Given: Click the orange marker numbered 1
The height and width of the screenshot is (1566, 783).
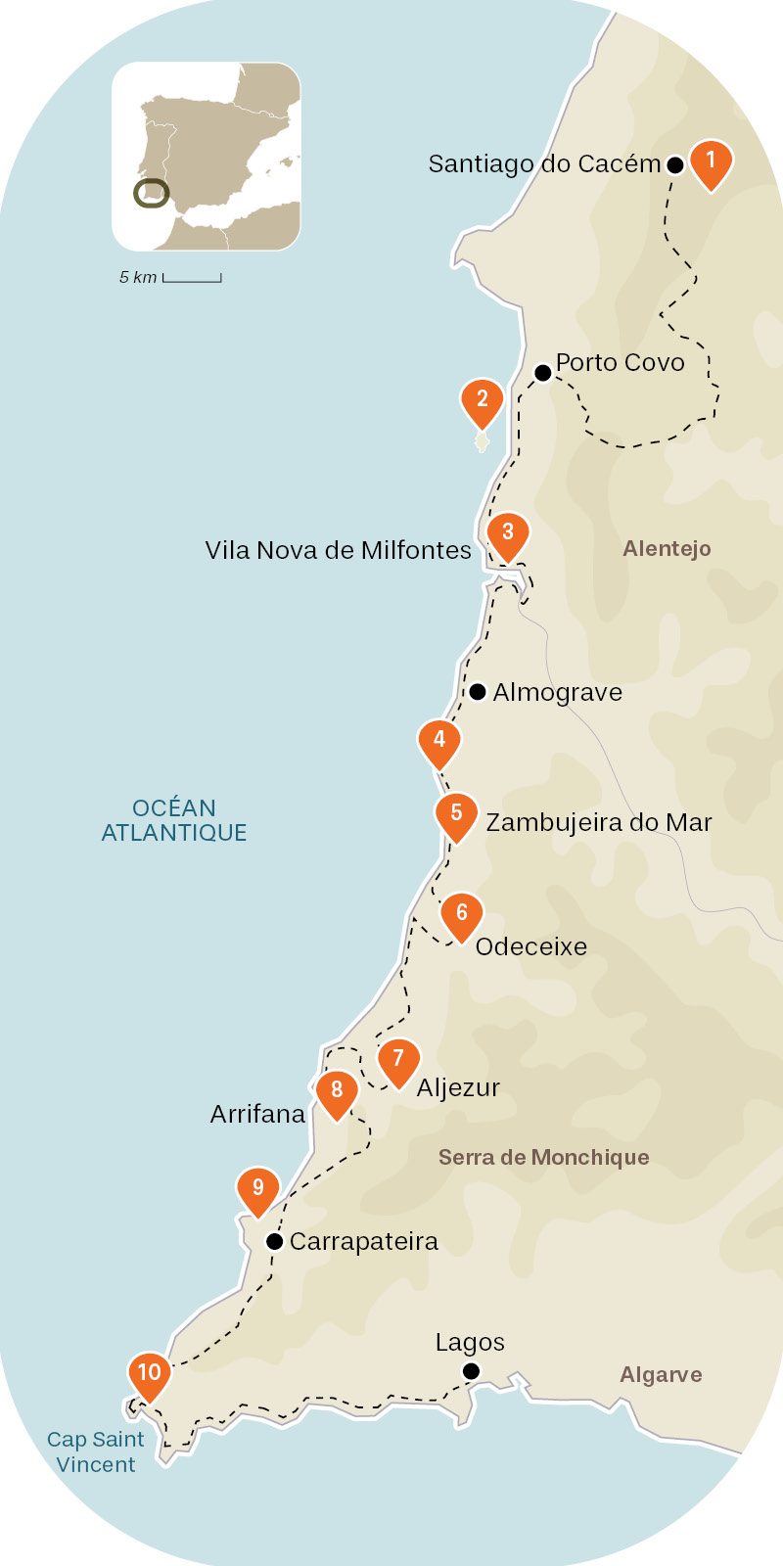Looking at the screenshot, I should pos(711,161).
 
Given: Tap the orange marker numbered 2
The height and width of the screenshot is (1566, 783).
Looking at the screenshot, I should pos(482,400).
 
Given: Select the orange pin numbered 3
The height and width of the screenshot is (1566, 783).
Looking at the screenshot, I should pos(508,534).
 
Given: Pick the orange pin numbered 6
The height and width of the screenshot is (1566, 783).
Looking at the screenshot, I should pos(462,915).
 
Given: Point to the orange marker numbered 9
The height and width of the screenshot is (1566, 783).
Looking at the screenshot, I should pos(258,1190).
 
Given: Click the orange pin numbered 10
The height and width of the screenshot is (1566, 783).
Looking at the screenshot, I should pos(150,1374).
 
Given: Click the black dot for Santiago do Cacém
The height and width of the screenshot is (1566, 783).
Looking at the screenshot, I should pos(674,165).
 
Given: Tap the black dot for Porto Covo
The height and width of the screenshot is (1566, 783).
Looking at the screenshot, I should pos(542,372).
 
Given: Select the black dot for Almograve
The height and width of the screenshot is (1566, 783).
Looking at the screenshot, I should pos(477,692).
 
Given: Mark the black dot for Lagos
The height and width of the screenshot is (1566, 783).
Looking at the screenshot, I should pos(471,1371).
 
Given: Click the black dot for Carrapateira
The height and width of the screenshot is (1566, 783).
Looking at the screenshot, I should pos(275,1242).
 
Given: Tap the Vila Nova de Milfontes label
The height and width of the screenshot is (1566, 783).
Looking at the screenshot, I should pos(338,550).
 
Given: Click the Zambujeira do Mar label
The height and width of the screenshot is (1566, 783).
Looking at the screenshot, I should pos(598,822).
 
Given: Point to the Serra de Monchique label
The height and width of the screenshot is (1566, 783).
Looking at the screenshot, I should pos(543,1157).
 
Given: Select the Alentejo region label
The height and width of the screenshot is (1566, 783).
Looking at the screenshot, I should pos(667,548).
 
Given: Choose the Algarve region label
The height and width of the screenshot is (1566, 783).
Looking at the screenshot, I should pos(661,1374).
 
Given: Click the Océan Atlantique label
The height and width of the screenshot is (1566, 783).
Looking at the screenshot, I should pos(174,820).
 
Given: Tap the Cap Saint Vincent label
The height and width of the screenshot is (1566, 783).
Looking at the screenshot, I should pos(96,1451).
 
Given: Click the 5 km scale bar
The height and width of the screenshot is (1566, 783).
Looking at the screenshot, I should pos(192,279).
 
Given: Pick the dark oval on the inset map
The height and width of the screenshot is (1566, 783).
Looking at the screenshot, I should pos(152,194).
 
